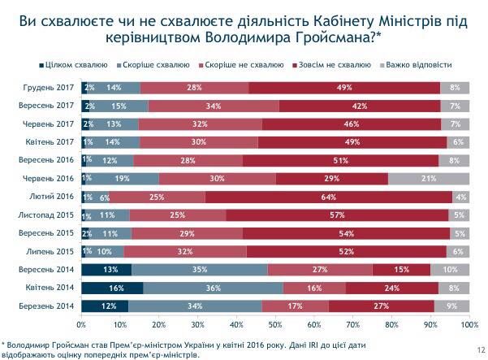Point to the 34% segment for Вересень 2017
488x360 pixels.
click(x=214, y=105)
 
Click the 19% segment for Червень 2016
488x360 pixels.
click(x=122, y=177)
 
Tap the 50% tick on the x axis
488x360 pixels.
click(x=274, y=324)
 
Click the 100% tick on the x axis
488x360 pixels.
click(x=468, y=324)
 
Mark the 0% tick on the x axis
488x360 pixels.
click(x=81, y=324)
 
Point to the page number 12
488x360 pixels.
click(x=473, y=348)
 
